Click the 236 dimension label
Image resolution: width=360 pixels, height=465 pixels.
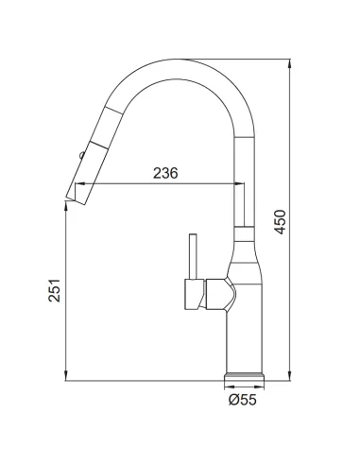165,173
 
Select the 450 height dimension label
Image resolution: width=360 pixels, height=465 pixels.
280,222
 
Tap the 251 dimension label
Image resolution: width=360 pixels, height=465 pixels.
54,290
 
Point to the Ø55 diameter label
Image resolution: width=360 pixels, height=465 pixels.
243,400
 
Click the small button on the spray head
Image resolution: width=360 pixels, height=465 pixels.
82,155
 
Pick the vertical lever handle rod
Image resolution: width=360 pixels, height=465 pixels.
193,256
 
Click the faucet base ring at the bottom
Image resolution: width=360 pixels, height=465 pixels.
244,377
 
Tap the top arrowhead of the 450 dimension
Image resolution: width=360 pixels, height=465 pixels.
289,64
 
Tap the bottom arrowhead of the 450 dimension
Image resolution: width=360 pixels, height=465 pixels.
289,376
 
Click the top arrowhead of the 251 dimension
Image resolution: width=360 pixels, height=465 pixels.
65,206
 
